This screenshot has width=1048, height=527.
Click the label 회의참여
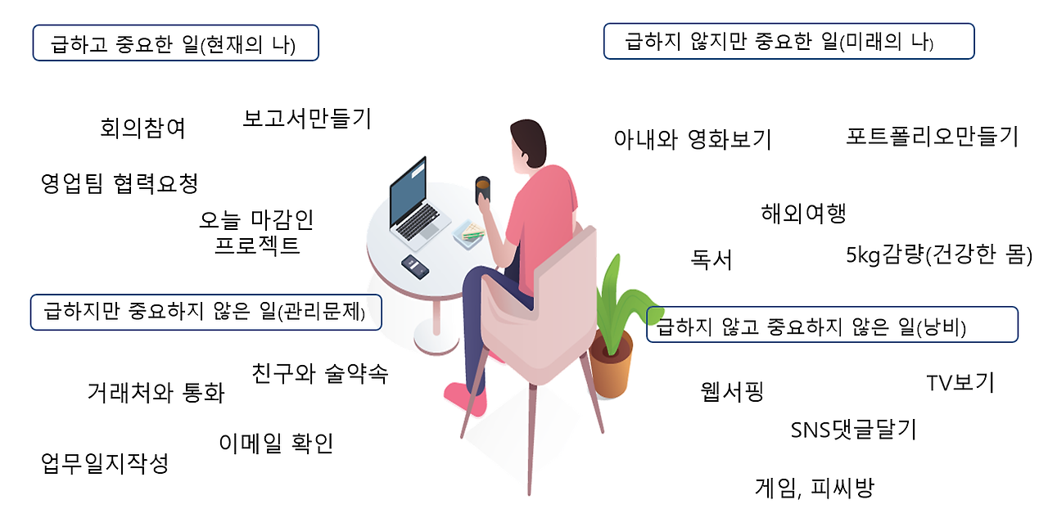[x=143, y=128]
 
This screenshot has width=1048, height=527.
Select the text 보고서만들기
[x=307, y=119]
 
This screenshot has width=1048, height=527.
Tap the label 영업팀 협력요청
[x=120, y=183]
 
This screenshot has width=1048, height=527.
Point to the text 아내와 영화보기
[x=693, y=140]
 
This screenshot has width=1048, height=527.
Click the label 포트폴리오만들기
[x=932, y=136]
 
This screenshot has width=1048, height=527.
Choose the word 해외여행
[x=803, y=214]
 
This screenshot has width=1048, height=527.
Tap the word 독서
[x=711, y=260]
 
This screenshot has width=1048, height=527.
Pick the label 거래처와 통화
[x=156, y=393]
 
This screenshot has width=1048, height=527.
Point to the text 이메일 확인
[x=277, y=444]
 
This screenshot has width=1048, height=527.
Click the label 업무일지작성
[x=105, y=464]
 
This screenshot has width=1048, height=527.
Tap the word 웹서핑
[x=732, y=391]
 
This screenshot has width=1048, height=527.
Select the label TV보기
[x=960, y=383]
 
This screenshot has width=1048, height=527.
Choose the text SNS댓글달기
[x=853, y=430]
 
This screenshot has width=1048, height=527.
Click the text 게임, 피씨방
[x=814, y=489]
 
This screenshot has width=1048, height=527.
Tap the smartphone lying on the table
[x=415, y=267]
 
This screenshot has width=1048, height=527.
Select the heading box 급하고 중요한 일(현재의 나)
[x=175, y=43]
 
